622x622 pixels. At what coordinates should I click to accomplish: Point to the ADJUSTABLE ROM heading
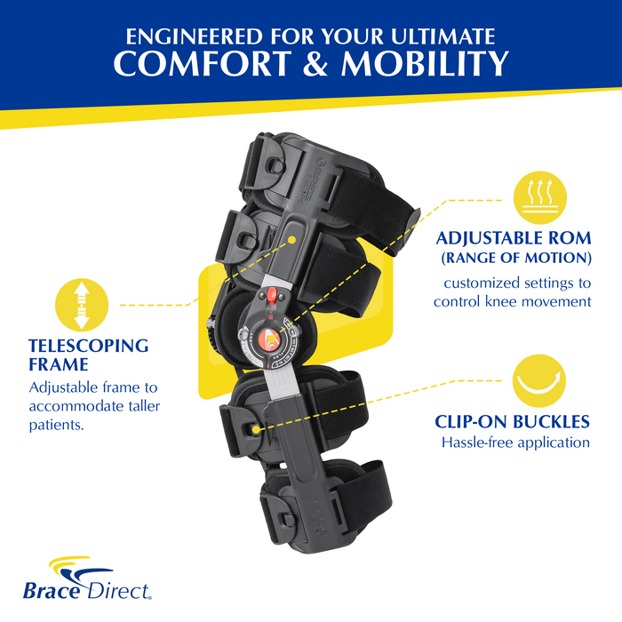coord(512,240)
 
